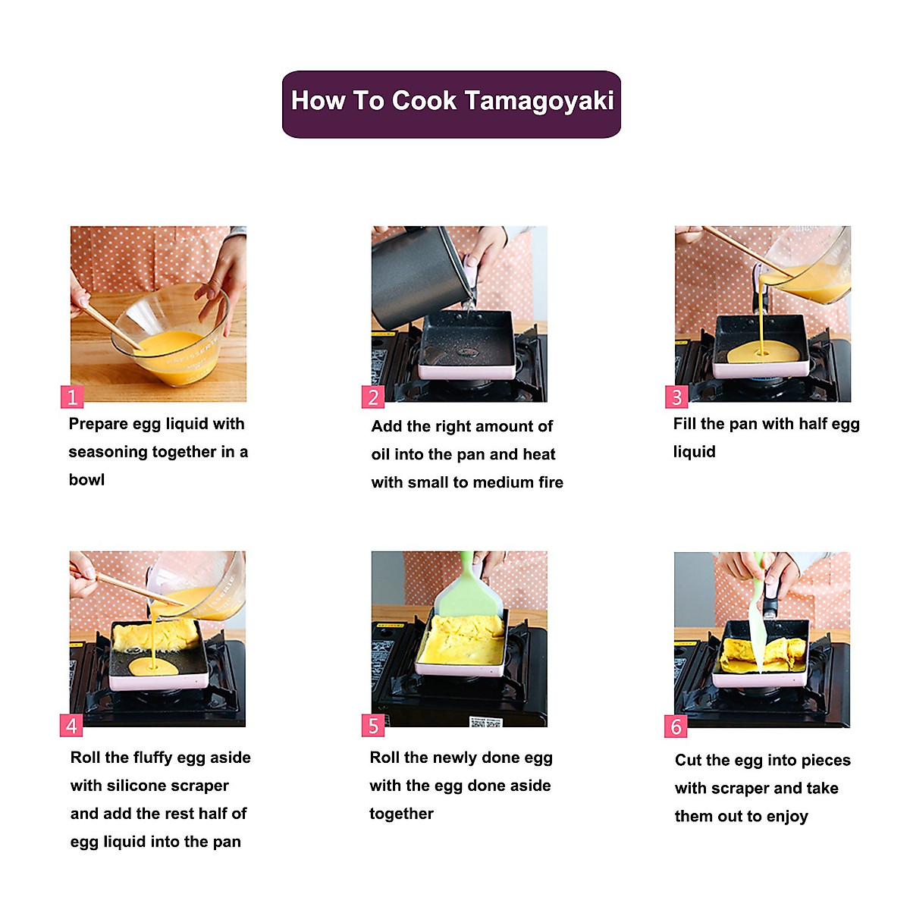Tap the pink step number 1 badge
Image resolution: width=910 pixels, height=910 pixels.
coord(72,397)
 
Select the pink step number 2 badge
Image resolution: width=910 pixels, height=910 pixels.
coord(372,397)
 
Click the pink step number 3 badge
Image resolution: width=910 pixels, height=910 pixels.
coord(676,397)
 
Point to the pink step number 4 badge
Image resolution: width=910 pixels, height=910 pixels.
coord(71,726)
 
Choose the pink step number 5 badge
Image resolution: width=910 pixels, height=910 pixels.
coord(372,726)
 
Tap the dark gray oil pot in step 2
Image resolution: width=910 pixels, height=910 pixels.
coord(419,278)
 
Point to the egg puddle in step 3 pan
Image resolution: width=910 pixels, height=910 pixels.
coord(763,353)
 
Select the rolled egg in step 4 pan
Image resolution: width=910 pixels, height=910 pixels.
coord(156,635)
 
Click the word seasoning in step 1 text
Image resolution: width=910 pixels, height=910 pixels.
coord(108,453)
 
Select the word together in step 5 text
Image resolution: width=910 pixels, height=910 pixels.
coord(401,814)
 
